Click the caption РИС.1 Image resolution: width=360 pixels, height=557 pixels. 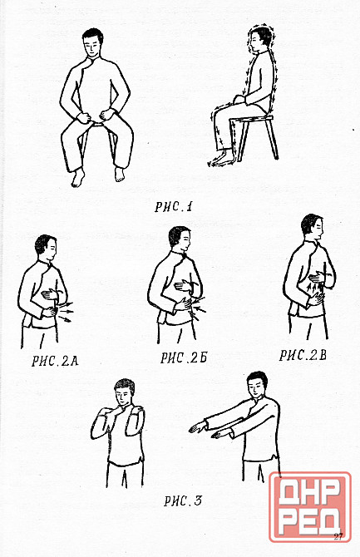coord(173,207)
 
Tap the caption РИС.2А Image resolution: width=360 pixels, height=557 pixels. coord(55,361)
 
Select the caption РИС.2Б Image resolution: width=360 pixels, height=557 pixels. coord(184,357)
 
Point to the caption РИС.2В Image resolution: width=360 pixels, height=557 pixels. coord(303,355)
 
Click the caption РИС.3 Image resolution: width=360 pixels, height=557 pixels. coord(183,500)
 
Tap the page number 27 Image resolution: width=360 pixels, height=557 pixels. coord(338,536)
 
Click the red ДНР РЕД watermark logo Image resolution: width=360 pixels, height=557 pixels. coord(309,507)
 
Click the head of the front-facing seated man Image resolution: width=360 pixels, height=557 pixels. coord(93,42)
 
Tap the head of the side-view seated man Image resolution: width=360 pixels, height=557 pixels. coord(260,39)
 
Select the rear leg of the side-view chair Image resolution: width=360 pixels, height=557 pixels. coord(272,139)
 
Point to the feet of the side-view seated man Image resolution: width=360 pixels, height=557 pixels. coord(222,158)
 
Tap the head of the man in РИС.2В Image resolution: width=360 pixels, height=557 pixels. coord(313,228)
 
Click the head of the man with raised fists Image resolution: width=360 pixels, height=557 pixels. coord(125,392)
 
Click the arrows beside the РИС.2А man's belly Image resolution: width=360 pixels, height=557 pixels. coord(66,312)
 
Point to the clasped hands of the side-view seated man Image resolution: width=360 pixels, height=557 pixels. coord(240,99)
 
